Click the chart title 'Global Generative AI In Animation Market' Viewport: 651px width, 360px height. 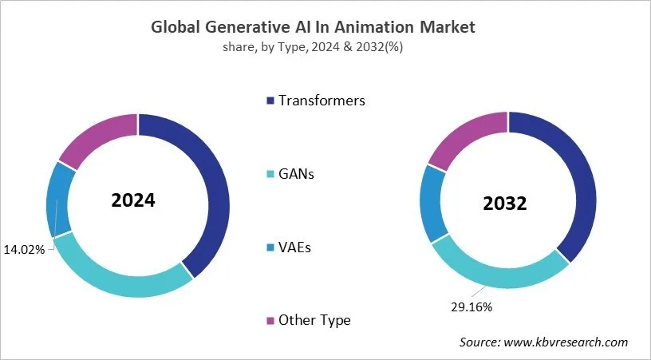click(313, 27)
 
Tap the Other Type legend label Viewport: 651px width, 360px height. click(314, 320)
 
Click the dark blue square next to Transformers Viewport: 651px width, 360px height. click(270, 101)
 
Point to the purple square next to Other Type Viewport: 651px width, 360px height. click(270, 321)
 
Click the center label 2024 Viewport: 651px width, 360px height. click(133, 200)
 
